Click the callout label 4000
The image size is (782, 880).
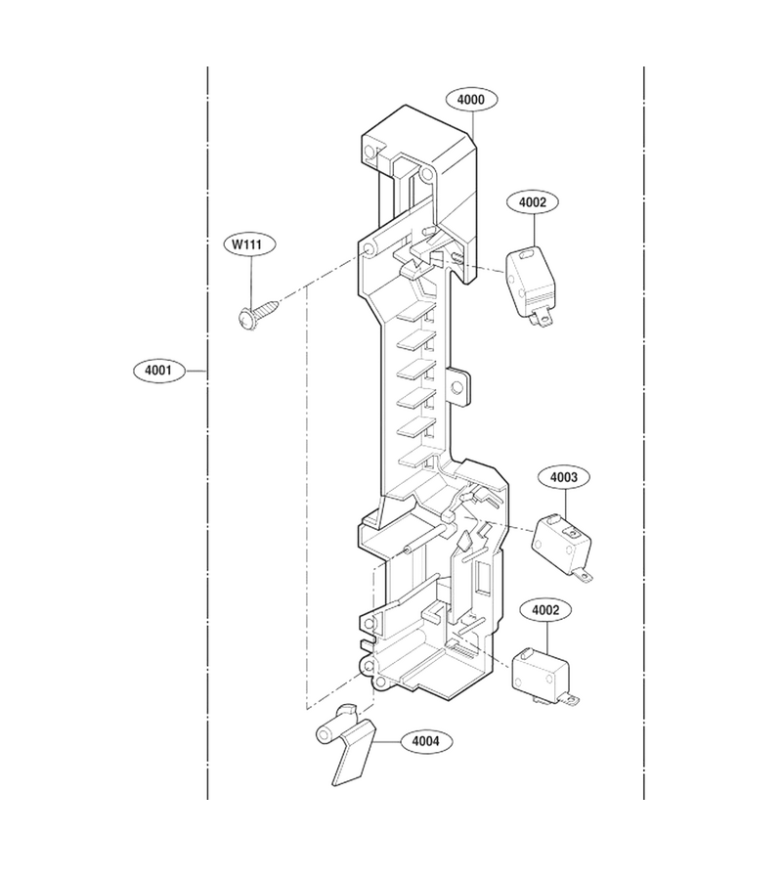tap(470, 100)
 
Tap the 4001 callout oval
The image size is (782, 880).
tap(158, 371)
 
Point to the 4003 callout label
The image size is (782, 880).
tap(564, 477)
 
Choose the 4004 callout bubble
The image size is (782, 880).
tap(426, 741)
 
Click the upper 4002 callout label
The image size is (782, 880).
tap(533, 202)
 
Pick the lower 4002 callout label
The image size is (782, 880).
tap(545, 610)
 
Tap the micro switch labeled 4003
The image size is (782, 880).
tap(562, 546)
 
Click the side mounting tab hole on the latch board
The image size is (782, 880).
tap(457, 386)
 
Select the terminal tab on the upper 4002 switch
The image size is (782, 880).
tap(542, 320)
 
